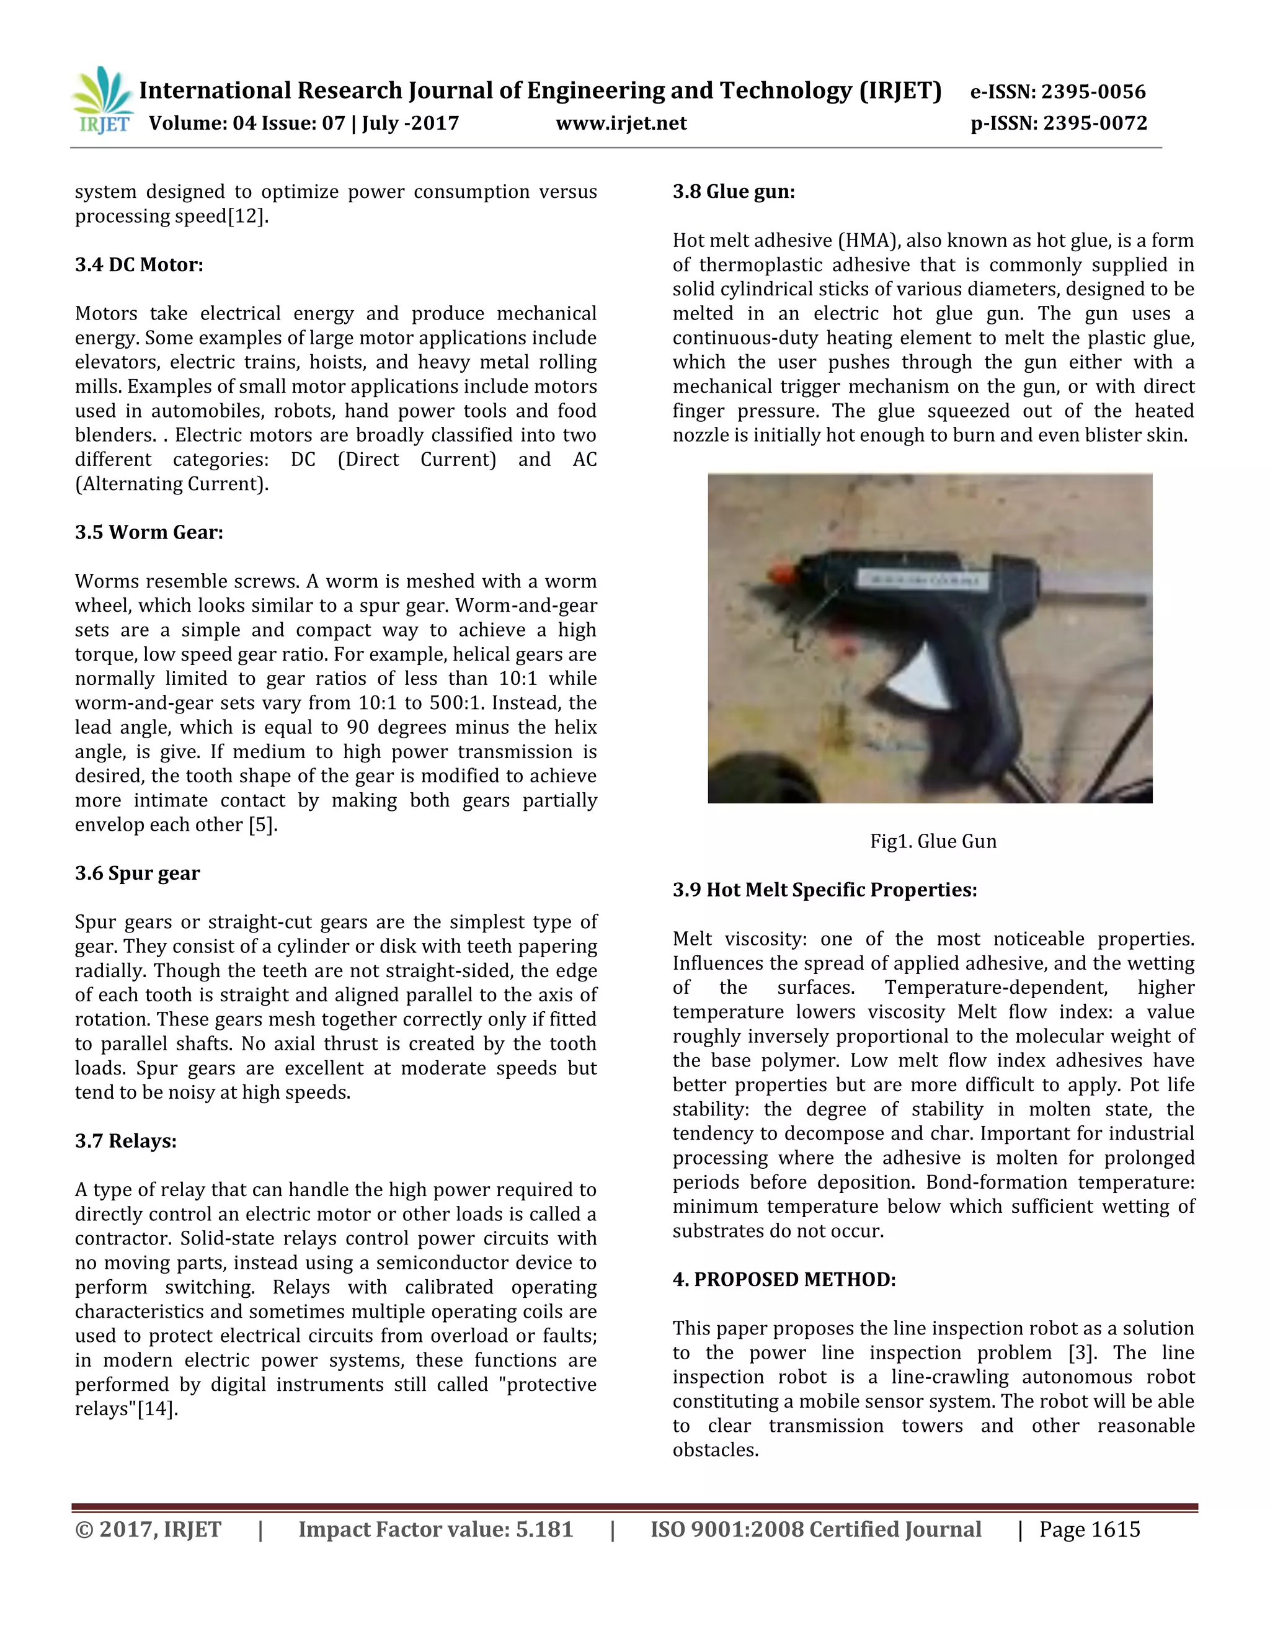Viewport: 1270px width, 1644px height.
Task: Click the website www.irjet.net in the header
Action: click(x=621, y=123)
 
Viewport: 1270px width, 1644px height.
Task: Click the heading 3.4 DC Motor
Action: click(x=139, y=265)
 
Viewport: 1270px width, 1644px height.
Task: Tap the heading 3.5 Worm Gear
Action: click(x=149, y=532)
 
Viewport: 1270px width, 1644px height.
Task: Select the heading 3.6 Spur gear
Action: click(x=137, y=873)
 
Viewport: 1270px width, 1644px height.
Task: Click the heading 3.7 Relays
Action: click(x=126, y=1140)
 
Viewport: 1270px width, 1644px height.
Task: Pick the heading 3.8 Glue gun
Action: click(x=734, y=192)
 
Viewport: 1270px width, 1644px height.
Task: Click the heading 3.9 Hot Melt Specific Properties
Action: click(x=825, y=890)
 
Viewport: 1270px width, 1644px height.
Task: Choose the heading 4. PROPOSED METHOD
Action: click(x=784, y=1280)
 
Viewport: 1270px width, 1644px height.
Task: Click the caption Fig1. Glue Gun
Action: click(x=933, y=842)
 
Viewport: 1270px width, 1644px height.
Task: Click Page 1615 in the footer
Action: click(x=1090, y=1530)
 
